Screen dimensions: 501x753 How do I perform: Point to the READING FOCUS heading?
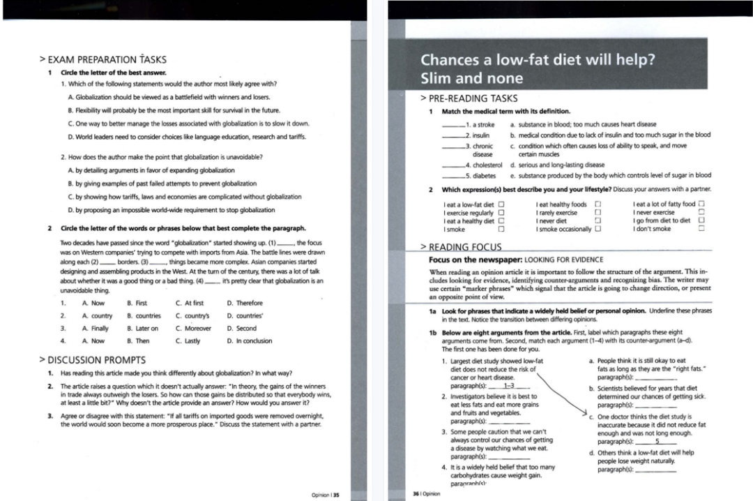(x=461, y=246)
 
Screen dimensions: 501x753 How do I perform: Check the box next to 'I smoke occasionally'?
(x=598, y=229)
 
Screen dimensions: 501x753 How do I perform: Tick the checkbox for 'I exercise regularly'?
(x=501, y=212)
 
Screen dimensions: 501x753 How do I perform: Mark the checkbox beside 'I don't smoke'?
(x=702, y=229)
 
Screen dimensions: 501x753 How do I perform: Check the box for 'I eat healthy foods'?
(x=598, y=204)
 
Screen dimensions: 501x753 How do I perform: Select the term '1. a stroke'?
(x=480, y=124)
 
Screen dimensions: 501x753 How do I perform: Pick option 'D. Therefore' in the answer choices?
(x=245, y=303)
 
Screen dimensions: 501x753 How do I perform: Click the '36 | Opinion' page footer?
(x=427, y=493)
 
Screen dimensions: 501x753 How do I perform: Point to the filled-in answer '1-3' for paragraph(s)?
(x=508, y=385)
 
